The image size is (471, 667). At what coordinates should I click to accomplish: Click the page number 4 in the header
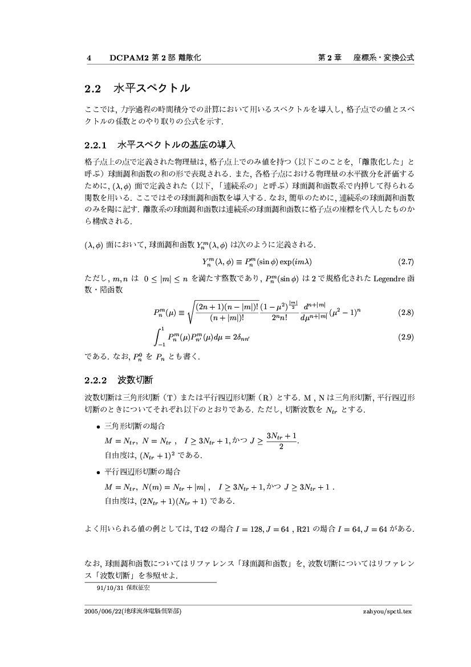88,58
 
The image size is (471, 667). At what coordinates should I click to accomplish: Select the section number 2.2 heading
92,89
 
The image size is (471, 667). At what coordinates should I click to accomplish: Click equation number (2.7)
404,262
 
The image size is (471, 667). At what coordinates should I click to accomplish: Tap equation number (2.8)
404,313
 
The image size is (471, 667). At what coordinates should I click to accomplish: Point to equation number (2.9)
404,337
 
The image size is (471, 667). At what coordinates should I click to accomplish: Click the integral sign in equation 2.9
158,337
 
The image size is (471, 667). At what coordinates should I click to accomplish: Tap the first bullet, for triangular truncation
99,427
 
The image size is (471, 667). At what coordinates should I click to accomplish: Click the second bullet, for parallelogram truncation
99,472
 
